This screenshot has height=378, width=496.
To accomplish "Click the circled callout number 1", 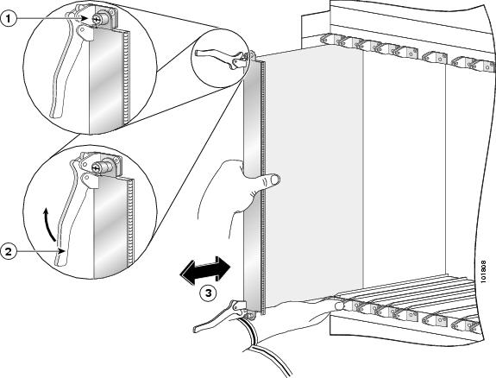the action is tap(9, 19).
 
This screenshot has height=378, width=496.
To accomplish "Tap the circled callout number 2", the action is tap(9, 252).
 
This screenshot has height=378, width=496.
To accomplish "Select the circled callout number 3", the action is tap(208, 293).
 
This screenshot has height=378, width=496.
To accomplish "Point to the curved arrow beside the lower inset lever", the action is tap(49, 224).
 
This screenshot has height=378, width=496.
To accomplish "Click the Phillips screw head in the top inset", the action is tap(96, 20).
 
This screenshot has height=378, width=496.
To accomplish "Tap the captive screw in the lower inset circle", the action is tap(101, 167).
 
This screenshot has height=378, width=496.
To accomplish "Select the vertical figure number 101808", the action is tap(483, 272).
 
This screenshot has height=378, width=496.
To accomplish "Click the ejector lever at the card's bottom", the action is tap(218, 317).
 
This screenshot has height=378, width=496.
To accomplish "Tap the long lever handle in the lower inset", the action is tap(70, 215).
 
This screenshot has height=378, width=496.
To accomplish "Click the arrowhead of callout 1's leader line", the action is tap(85, 19).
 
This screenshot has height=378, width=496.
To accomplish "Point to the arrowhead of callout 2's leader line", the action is tap(63, 252).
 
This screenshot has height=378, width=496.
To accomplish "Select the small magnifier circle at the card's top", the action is tap(219, 58).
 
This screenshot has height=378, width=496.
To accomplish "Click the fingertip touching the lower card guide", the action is tap(339, 306).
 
